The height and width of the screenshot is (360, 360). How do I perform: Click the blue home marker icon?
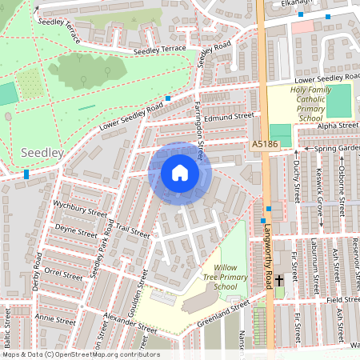(x=180, y=173)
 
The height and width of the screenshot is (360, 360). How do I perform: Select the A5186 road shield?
(x=264, y=144)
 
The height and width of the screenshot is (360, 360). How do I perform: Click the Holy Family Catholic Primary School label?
(x=299, y=103)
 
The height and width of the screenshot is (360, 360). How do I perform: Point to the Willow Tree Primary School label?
(x=215, y=276)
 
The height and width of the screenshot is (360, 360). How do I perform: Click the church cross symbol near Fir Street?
(x=279, y=280)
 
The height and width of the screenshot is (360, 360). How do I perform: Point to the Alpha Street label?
(x=338, y=126)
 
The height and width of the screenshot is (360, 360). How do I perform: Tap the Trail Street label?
(x=132, y=232)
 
